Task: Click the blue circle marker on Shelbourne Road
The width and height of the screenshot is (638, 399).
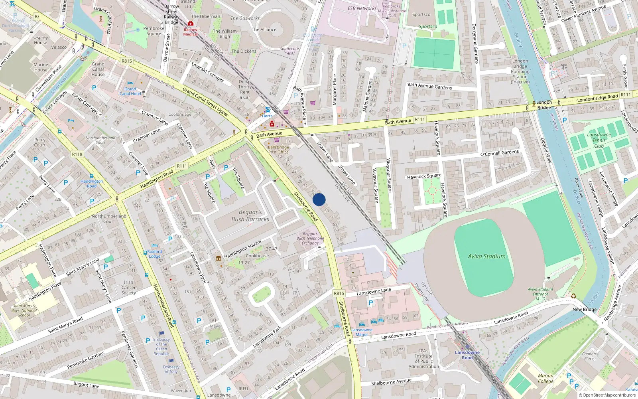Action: tap(319, 199)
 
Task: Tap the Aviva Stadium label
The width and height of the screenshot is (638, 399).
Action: tap(486, 257)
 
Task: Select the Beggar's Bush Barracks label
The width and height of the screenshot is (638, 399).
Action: tap(250, 215)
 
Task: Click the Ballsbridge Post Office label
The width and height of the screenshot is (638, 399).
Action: tap(278, 150)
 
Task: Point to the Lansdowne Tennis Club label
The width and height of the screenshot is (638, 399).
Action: tap(599, 140)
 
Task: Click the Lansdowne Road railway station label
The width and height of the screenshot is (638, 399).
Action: tap(467, 355)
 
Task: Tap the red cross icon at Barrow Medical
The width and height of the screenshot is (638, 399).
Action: tap(191, 24)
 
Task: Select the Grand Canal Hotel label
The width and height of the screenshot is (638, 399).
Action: tap(130, 91)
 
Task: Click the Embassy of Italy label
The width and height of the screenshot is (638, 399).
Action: tap(171, 369)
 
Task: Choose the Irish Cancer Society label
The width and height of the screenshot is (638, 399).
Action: tap(128, 287)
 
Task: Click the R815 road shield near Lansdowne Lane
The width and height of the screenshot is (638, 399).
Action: tap(339, 293)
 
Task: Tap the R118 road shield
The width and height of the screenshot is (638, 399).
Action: tap(77, 154)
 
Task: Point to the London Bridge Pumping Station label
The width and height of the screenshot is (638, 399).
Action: tap(520, 71)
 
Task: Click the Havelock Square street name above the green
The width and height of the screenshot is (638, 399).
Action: tap(424, 176)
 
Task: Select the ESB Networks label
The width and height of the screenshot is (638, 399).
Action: tap(362, 8)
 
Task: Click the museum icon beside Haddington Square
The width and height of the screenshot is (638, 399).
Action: tap(219, 258)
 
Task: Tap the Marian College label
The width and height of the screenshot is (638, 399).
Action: tap(545, 378)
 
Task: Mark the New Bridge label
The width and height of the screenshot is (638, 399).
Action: tap(584, 309)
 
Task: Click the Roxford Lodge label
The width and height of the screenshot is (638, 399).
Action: tap(154, 254)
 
